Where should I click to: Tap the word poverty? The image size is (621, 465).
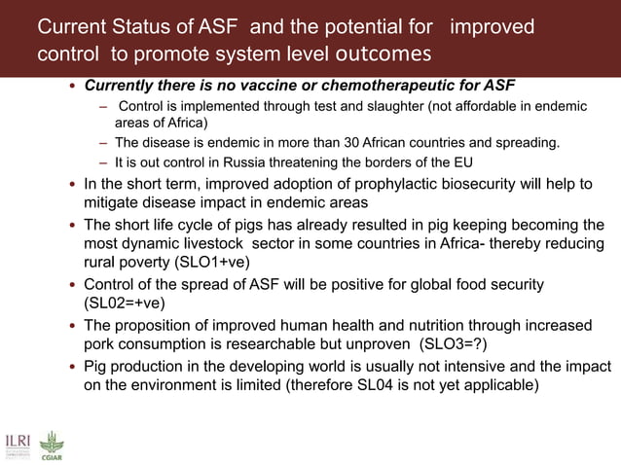153,263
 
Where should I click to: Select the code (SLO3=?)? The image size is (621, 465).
456,343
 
